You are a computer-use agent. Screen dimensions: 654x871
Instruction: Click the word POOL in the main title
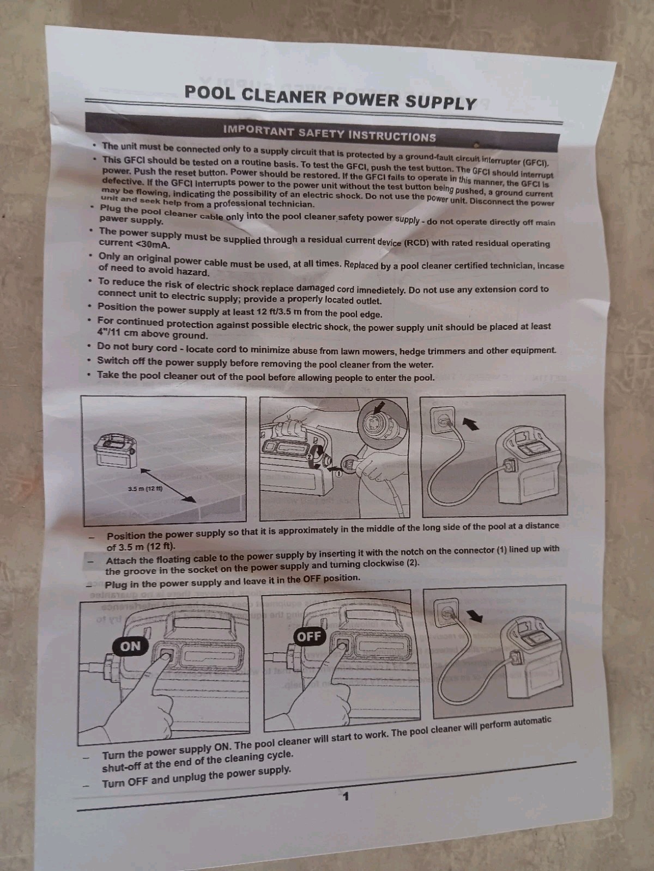tap(209, 93)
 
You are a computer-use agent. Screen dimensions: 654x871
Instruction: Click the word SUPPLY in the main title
tap(440, 102)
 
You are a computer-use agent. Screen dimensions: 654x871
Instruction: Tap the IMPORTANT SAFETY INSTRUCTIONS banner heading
tap(330, 134)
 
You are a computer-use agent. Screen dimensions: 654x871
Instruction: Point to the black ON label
tap(130, 646)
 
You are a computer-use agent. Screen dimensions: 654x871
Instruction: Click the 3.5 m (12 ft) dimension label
tap(145, 488)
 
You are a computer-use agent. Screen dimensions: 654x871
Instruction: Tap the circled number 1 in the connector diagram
tap(338, 474)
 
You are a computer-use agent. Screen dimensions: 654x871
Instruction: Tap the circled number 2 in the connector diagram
tap(310, 457)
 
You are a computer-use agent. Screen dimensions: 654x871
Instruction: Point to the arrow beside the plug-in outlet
tap(471, 424)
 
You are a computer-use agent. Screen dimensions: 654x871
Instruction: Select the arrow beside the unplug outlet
tap(474, 616)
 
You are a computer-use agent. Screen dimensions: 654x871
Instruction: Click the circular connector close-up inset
tap(383, 422)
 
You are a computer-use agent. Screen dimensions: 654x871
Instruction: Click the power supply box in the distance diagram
tap(116, 451)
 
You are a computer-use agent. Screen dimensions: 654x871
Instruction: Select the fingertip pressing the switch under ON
tap(166, 657)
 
